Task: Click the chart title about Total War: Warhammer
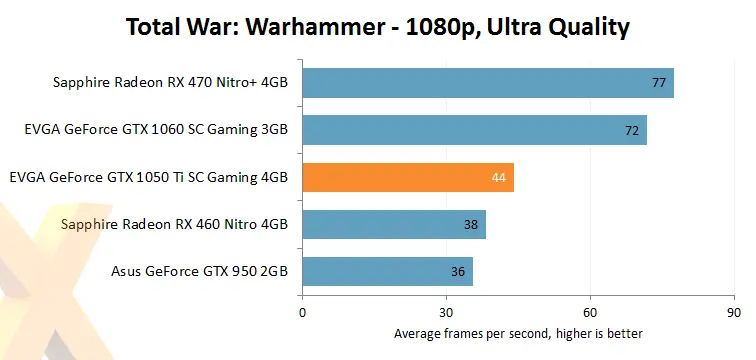(x=377, y=27)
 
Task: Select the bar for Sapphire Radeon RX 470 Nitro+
(x=487, y=83)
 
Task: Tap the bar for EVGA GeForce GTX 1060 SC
(x=474, y=130)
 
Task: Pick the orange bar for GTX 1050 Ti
(x=407, y=178)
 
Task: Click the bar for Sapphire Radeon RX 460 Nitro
(x=393, y=225)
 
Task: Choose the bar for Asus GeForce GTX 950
(x=387, y=272)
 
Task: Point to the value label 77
(x=658, y=83)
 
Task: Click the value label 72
(x=631, y=130)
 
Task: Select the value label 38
(x=470, y=225)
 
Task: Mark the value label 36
(x=458, y=272)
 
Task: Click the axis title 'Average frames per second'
(x=518, y=333)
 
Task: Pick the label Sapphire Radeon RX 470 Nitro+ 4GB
(x=170, y=83)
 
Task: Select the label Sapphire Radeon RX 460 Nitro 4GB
(x=174, y=225)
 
